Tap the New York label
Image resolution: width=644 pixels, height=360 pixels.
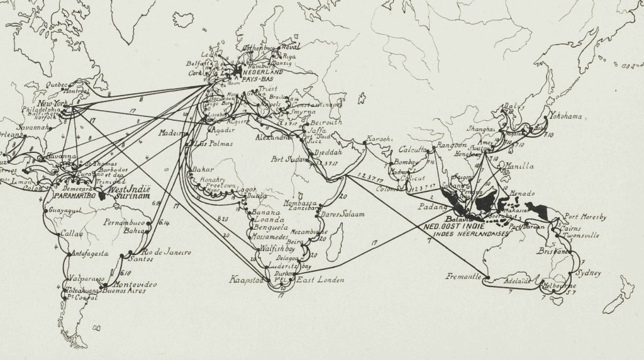point(52,103)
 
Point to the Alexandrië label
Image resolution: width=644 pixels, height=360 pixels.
point(275,137)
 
